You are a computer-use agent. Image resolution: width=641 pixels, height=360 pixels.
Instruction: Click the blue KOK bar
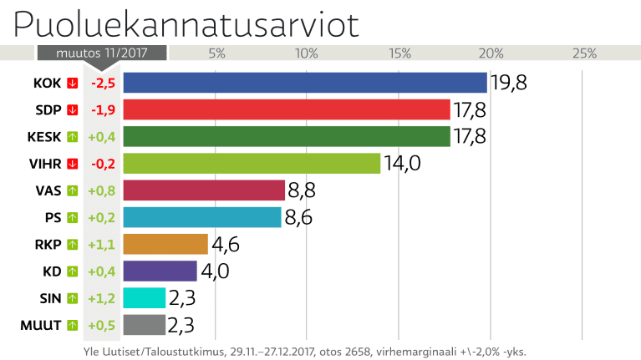click(x=305, y=83)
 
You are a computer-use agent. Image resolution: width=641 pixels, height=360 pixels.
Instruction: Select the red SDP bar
click(x=287, y=109)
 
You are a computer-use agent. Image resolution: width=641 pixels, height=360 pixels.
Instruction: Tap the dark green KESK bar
click(x=287, y=136)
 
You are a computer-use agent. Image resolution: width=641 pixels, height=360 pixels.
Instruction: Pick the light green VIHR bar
click(x=252, y=163)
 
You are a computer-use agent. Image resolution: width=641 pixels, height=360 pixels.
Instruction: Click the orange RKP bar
click(x=165, y=244)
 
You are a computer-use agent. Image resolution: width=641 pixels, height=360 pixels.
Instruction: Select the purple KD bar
click(x=160, y=271)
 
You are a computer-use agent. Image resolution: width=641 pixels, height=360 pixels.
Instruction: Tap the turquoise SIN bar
click(x=145, y=297)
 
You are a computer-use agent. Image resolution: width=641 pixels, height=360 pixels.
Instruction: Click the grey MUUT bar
click(x=145, y=324)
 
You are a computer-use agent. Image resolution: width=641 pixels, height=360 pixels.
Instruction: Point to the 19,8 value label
click(x=509, y=83)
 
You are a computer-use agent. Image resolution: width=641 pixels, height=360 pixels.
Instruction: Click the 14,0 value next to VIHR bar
click(x=402, y=163)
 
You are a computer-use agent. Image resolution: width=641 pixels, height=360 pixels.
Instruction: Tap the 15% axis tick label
click(x=399, y=53)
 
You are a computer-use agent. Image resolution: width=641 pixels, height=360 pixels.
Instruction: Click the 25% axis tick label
click(x=583, y=53)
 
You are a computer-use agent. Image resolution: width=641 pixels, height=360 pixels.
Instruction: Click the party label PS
click(x=52, y=217)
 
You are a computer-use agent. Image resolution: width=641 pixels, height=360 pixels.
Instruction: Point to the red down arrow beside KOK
click(x=73, y=83)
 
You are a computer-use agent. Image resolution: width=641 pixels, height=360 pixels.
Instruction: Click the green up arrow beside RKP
click(x=73, y=244)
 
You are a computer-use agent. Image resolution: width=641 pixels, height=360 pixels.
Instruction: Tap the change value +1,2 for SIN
click(x=102, y=297)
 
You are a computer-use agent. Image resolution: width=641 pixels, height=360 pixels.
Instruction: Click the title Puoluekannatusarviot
click(x=186, y=23)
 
